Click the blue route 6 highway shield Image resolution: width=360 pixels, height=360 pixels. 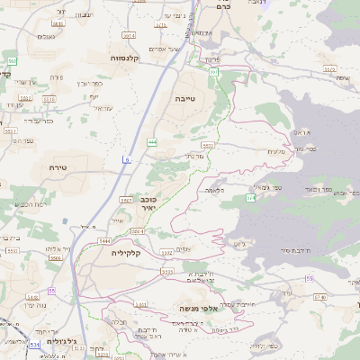[x=127, y=159]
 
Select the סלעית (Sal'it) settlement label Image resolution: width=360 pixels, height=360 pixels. [x=277, y=151]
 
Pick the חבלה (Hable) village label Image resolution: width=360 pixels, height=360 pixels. [x=117, y=321]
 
